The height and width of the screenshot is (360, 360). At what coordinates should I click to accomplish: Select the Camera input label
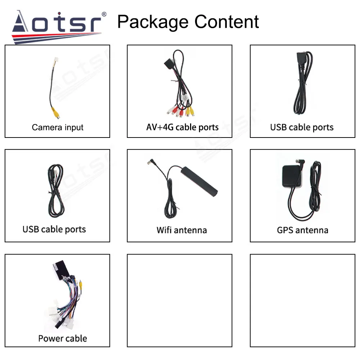point(58,127)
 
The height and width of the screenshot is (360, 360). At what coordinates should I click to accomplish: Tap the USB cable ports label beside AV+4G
point(302,127)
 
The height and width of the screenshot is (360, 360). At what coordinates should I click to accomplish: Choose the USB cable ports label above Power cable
point(54,229)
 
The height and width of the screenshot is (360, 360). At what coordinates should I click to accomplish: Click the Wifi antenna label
point(181,230)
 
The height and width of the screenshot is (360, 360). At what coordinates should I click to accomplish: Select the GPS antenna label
point(302,230)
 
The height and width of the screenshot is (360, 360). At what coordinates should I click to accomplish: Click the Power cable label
point(63,338)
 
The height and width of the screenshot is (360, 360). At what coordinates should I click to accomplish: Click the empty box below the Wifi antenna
point(180,301)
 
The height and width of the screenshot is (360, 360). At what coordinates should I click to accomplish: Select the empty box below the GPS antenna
point(302,301)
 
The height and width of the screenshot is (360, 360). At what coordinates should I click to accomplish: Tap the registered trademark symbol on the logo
point(104,14)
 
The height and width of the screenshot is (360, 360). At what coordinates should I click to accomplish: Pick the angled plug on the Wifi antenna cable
point(149,164)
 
